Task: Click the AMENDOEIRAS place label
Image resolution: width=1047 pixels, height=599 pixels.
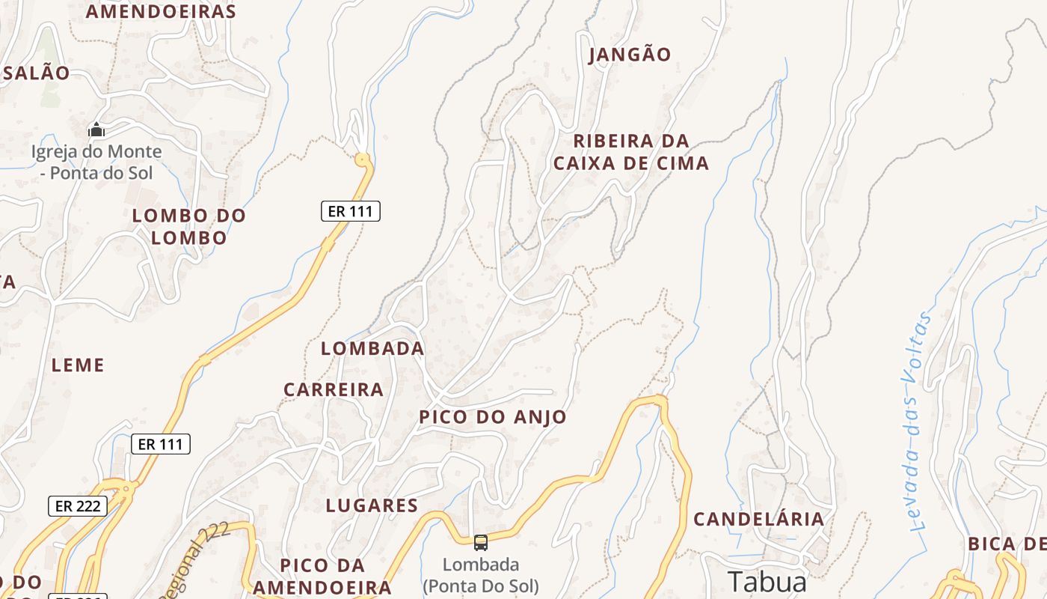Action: click(161, 11)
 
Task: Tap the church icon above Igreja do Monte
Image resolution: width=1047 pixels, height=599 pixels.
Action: click(96, 130)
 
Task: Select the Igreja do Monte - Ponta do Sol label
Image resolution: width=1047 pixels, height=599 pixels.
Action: click(96, 162)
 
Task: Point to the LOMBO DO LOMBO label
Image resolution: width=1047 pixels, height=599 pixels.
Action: click(189, 226)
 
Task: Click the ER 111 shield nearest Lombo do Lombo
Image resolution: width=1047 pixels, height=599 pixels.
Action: click(351, 211)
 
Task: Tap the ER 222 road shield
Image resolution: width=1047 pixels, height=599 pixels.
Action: click(78, 506)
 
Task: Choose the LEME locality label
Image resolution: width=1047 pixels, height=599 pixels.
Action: click(78, 365)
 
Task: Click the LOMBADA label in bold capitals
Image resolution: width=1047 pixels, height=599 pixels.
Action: click(372, 348)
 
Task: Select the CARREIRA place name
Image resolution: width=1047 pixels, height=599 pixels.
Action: click(334, 389)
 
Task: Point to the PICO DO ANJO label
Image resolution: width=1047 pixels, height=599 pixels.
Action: click(493, 417)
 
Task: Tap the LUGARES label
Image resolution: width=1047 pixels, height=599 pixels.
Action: click(372, 505)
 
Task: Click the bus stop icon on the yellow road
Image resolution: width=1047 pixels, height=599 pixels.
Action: click(481, 542)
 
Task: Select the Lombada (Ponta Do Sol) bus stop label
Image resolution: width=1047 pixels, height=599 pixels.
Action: click(481, 574)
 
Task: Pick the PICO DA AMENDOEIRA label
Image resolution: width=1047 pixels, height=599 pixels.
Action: click(322, 576)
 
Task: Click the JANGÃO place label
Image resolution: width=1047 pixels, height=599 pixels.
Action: click(630, 54)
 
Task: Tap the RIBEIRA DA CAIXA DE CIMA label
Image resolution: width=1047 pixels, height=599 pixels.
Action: click(631, 152)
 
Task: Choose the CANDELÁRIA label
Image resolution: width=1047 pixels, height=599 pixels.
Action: click(759, 519)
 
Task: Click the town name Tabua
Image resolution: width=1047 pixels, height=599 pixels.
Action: click(767, 582)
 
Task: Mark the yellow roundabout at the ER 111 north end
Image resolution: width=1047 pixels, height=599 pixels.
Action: click(363, 159)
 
